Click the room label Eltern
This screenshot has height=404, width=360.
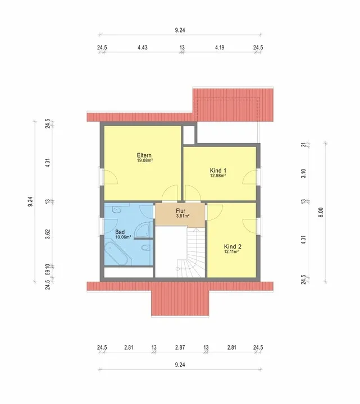point(144,155)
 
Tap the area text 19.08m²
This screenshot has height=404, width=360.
point(145,160)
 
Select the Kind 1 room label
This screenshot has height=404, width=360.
point(218,171)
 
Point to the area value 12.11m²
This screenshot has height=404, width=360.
point(231,252)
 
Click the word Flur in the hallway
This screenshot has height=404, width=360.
point(180,211)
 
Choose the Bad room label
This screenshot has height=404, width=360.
point(120,232)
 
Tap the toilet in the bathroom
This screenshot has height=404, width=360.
point(146,247)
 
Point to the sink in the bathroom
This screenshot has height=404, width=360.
point(117,210)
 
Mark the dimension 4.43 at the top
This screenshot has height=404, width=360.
point(143,47)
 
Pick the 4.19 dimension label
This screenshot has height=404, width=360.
point(220,47)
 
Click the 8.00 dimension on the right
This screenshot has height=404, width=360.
point(321,213)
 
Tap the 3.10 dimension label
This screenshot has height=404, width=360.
point(303,173)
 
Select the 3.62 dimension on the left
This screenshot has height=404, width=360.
point(47,234)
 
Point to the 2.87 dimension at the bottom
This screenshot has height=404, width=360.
point(180,347)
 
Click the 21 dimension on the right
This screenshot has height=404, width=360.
point(304,145)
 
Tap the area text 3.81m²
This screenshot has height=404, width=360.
point(183,216)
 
